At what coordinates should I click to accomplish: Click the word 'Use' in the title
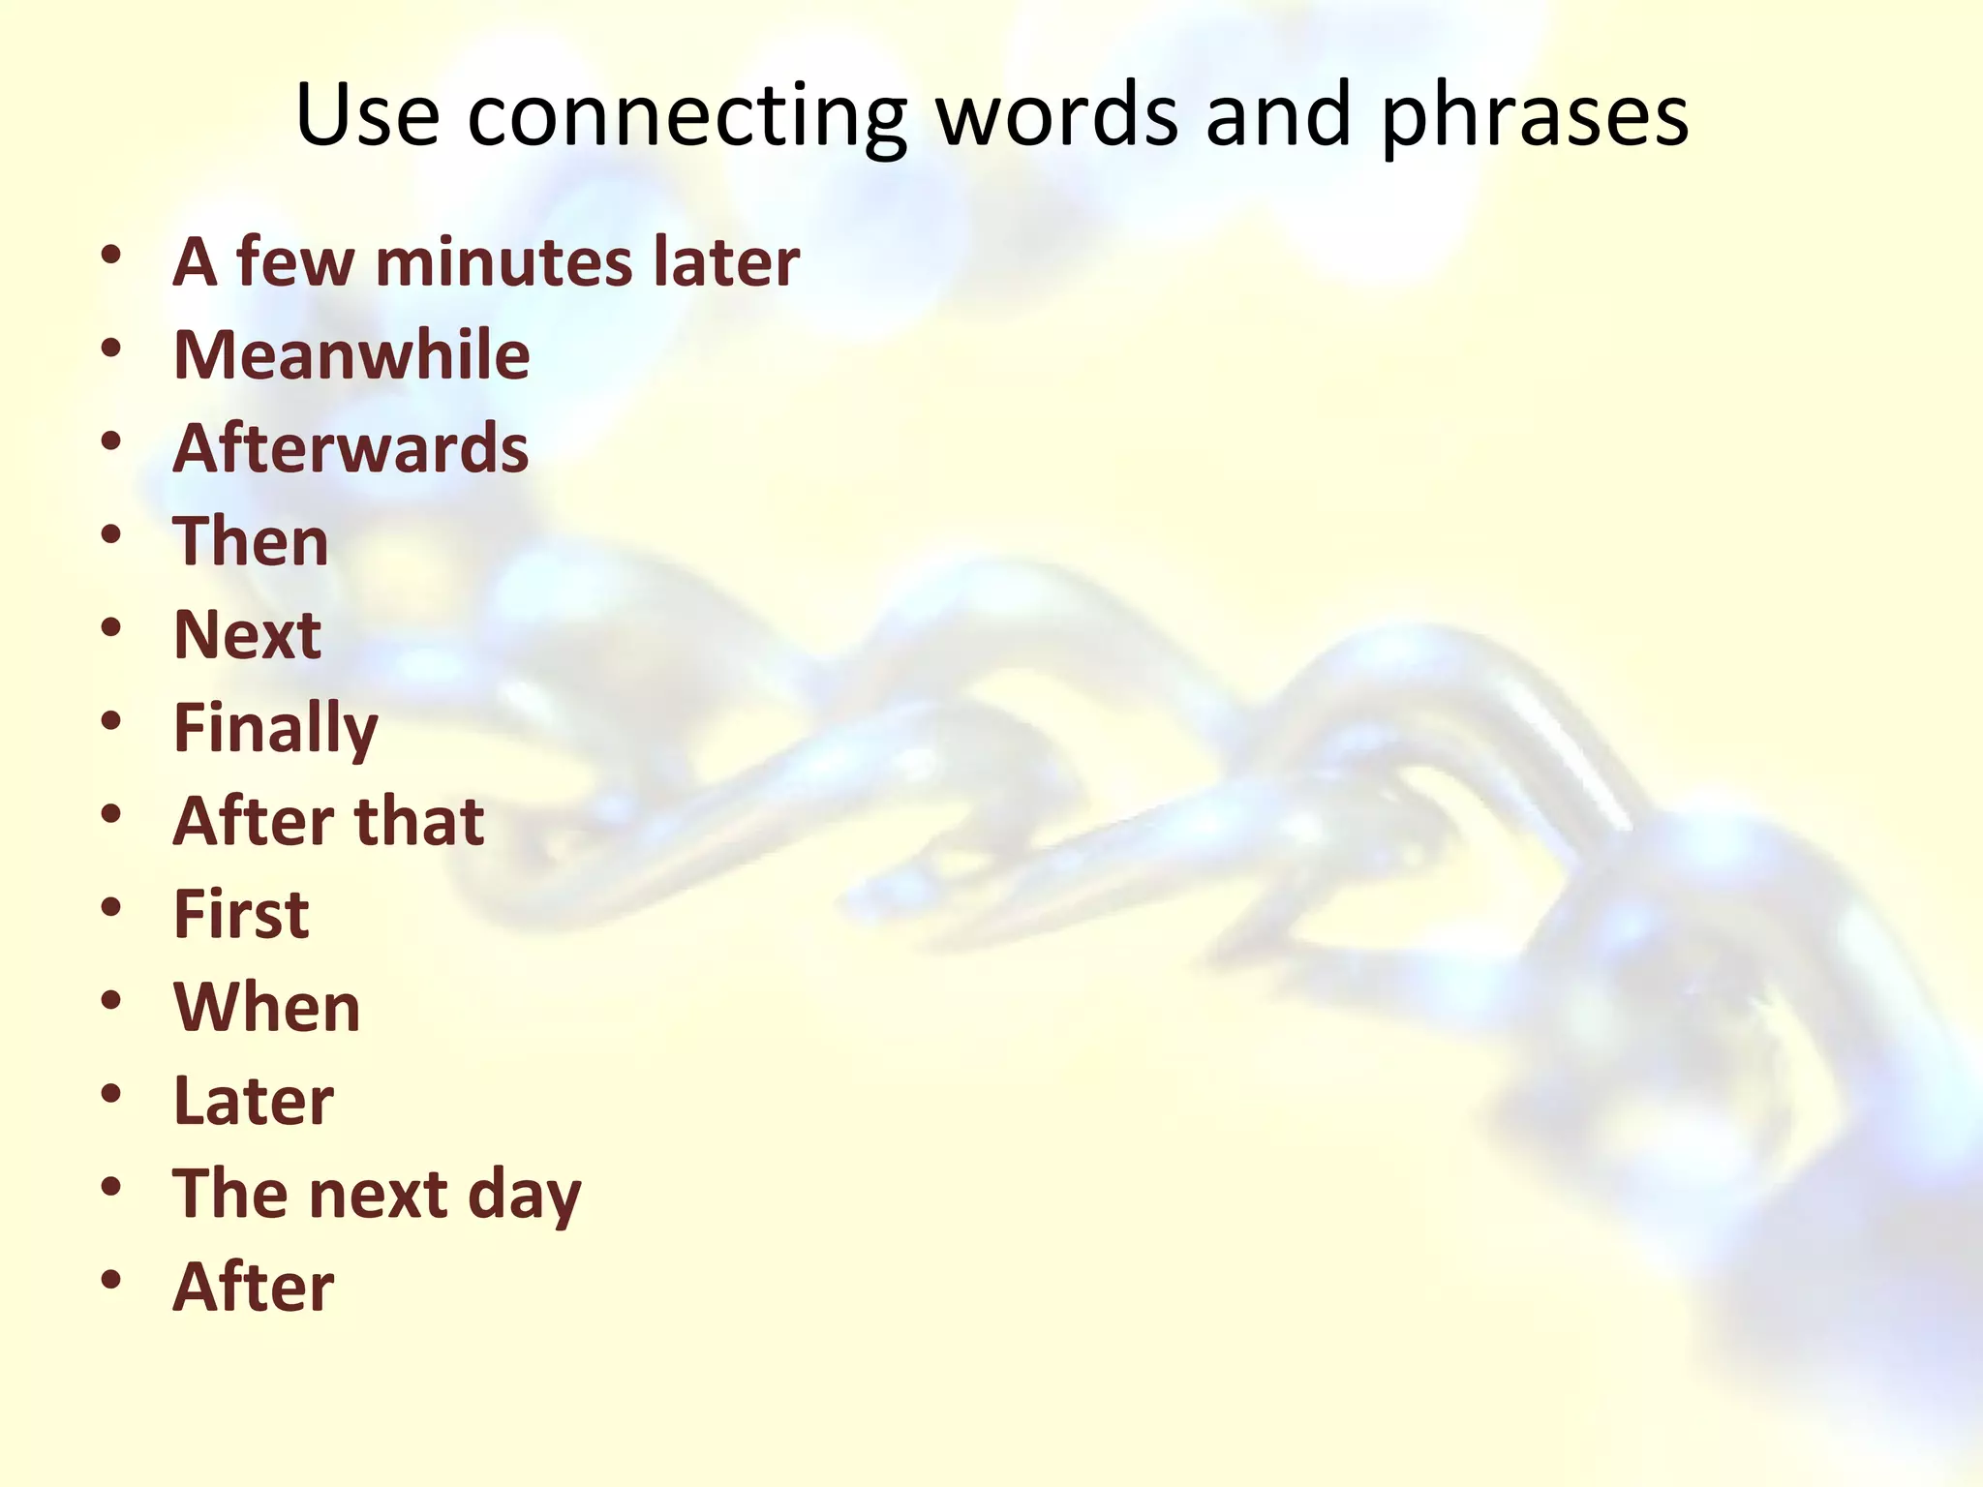coord(367,115)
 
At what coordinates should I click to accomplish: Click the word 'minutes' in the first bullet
coord(498,262)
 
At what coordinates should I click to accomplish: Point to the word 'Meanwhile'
coord(351,355)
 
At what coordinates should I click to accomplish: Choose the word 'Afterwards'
coord(351,448)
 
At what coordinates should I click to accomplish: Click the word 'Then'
coord(251,541)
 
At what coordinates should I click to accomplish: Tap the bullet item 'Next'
coord(247,635)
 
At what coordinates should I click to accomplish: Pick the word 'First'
coord(241,914)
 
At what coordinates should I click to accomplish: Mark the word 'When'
coord(266,1008)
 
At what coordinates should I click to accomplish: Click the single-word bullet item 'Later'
coord(253,1101)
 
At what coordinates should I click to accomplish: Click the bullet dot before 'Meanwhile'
coord(111,348)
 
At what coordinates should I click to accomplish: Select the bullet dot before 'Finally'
coord(111,720)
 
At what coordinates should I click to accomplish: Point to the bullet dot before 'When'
coord(111,999)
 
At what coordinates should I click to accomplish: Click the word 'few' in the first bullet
coord(295,262)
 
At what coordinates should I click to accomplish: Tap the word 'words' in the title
coord(1056,115)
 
